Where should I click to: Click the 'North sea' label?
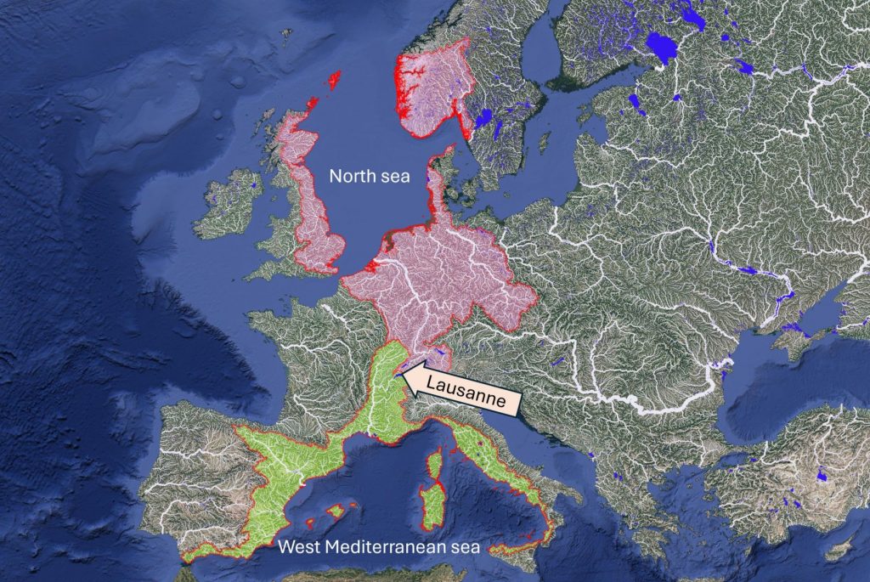click(370, 177)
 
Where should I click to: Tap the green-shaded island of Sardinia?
click(433, 506)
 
